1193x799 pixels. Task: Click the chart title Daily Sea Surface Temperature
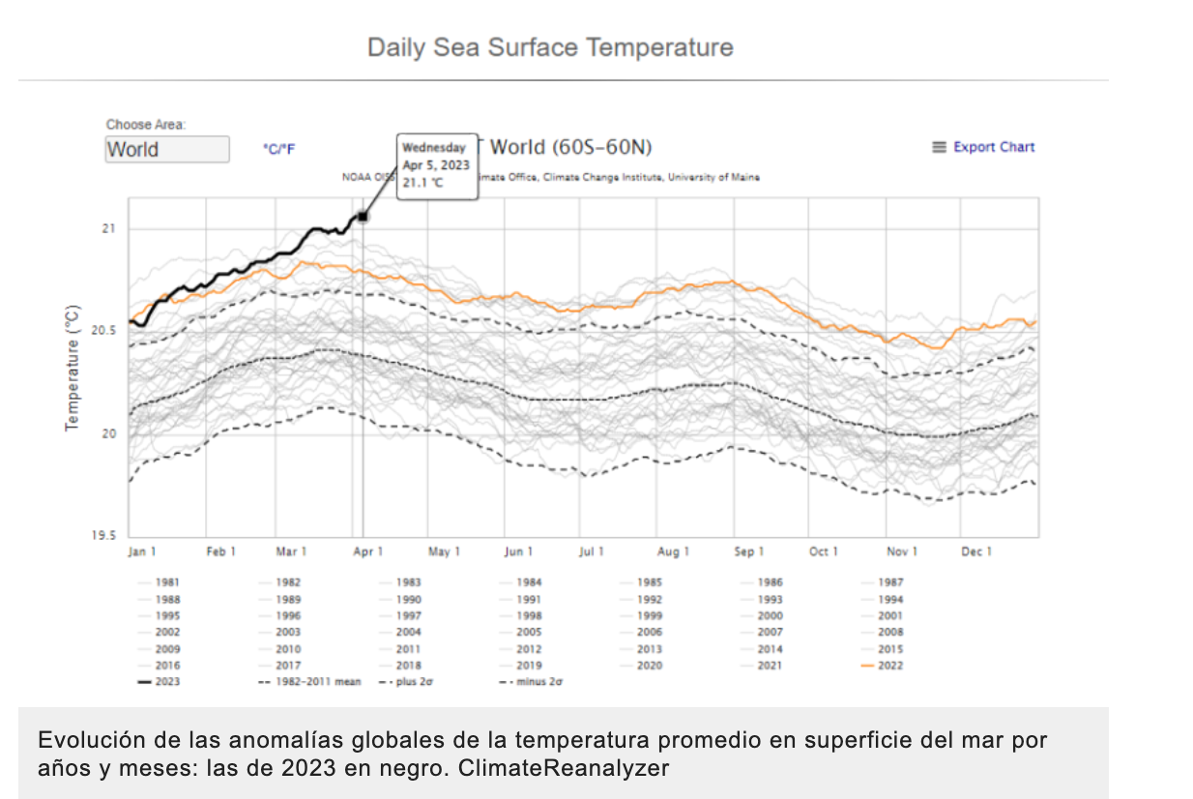pos(550,47)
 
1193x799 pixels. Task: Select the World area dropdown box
pos(167,149)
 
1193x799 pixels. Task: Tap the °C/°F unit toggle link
pos(279,149)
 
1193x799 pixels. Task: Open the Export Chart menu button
pos(983,147)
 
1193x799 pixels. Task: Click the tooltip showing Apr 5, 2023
pos(437,165)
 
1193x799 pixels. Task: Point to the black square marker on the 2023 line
pos(363,217)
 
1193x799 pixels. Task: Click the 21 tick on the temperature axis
pos(108,229)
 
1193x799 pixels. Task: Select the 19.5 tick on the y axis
pos(103,536)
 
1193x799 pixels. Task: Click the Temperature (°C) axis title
pos(73,369)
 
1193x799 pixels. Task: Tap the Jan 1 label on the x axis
pos(141,551)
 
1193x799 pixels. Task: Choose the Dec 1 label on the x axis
pos(976,551)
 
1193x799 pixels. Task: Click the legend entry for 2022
pos(890,666)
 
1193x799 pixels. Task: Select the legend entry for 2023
pos(166,682)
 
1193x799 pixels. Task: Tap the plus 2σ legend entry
pos(412,682)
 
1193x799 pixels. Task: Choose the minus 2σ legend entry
pos(538,682)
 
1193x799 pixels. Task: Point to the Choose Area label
pos(145,124)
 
